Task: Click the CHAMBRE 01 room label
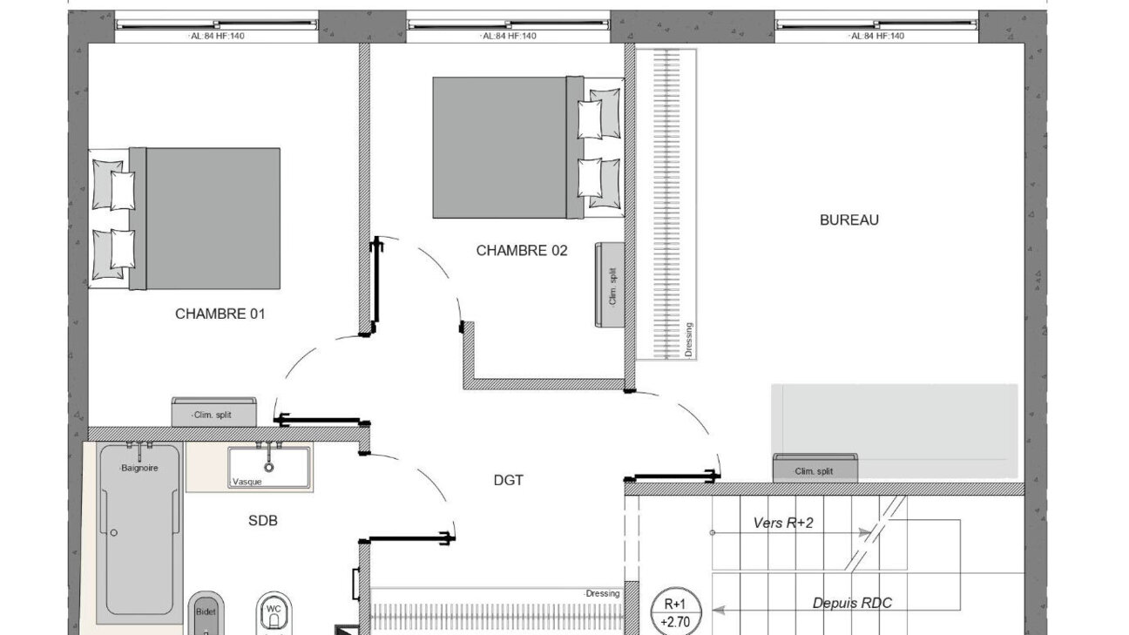tap(220, 314)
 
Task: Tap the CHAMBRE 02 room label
tap(522, 251)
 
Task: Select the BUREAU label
tap(849, 220)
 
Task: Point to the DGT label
tap(508, 480)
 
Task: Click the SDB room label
tap(262, 521)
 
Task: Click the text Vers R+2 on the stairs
tap(783, 524)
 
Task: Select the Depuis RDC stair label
tap(852, 603)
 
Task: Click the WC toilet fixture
tap(274, 613)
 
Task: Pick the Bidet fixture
tap(206, 613)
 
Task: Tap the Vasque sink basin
tap(268, 467)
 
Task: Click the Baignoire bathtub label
tap(139, 468)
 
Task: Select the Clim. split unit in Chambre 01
tap(213, 412)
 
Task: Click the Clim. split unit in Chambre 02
tap(609, 285)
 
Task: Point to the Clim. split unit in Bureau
tap(815, 468)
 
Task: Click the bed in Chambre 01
tap(185, 219)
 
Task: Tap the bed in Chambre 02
tap(528, 148)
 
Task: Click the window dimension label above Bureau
tap(876, 36)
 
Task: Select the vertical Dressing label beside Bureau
tap(689, 340)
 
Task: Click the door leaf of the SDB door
tap(407, 538)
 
